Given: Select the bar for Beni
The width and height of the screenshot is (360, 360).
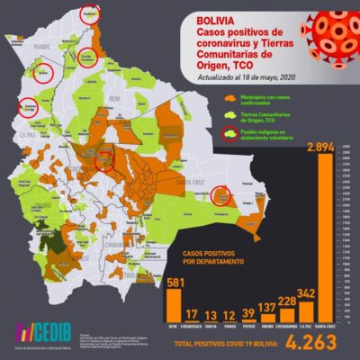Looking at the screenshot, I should [173, 302].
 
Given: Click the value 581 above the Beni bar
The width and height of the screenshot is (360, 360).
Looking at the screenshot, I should [174, 283].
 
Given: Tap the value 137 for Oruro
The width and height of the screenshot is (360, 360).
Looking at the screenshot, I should [266, 307].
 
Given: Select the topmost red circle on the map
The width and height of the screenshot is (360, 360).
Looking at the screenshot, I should [90, 14].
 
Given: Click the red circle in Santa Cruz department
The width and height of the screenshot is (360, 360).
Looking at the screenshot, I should [221, 195].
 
